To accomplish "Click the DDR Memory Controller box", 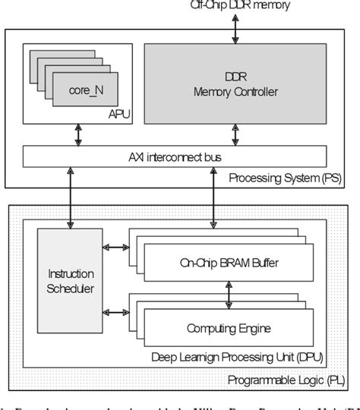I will pyautogui.click(x=235, y=84).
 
